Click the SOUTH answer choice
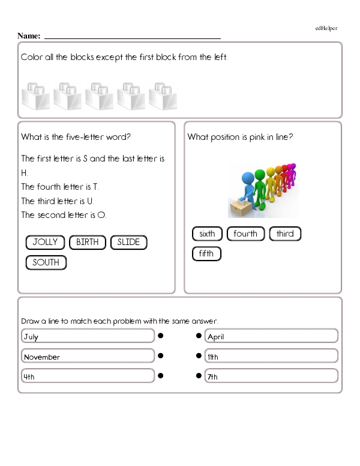pos(46,262)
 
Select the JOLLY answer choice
pos(46,243)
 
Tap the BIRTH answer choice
pos(88,243)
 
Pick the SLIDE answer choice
pos(128,243)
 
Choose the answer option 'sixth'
pos(207,234)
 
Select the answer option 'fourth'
pos(245,234)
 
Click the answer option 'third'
pos(285,234)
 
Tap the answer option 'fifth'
pos(206,254)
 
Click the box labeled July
pos(88,337)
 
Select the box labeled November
pos(88,357)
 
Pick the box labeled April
pos(271,337)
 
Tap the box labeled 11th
pos(271,357)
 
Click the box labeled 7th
pos(271,377)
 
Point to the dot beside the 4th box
pos(161,376)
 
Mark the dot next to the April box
pos(199,336)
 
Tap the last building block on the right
pos(163,96)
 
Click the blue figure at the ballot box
pos(248,186)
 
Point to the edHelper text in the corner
pos(326,28)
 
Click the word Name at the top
pos(29,36)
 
